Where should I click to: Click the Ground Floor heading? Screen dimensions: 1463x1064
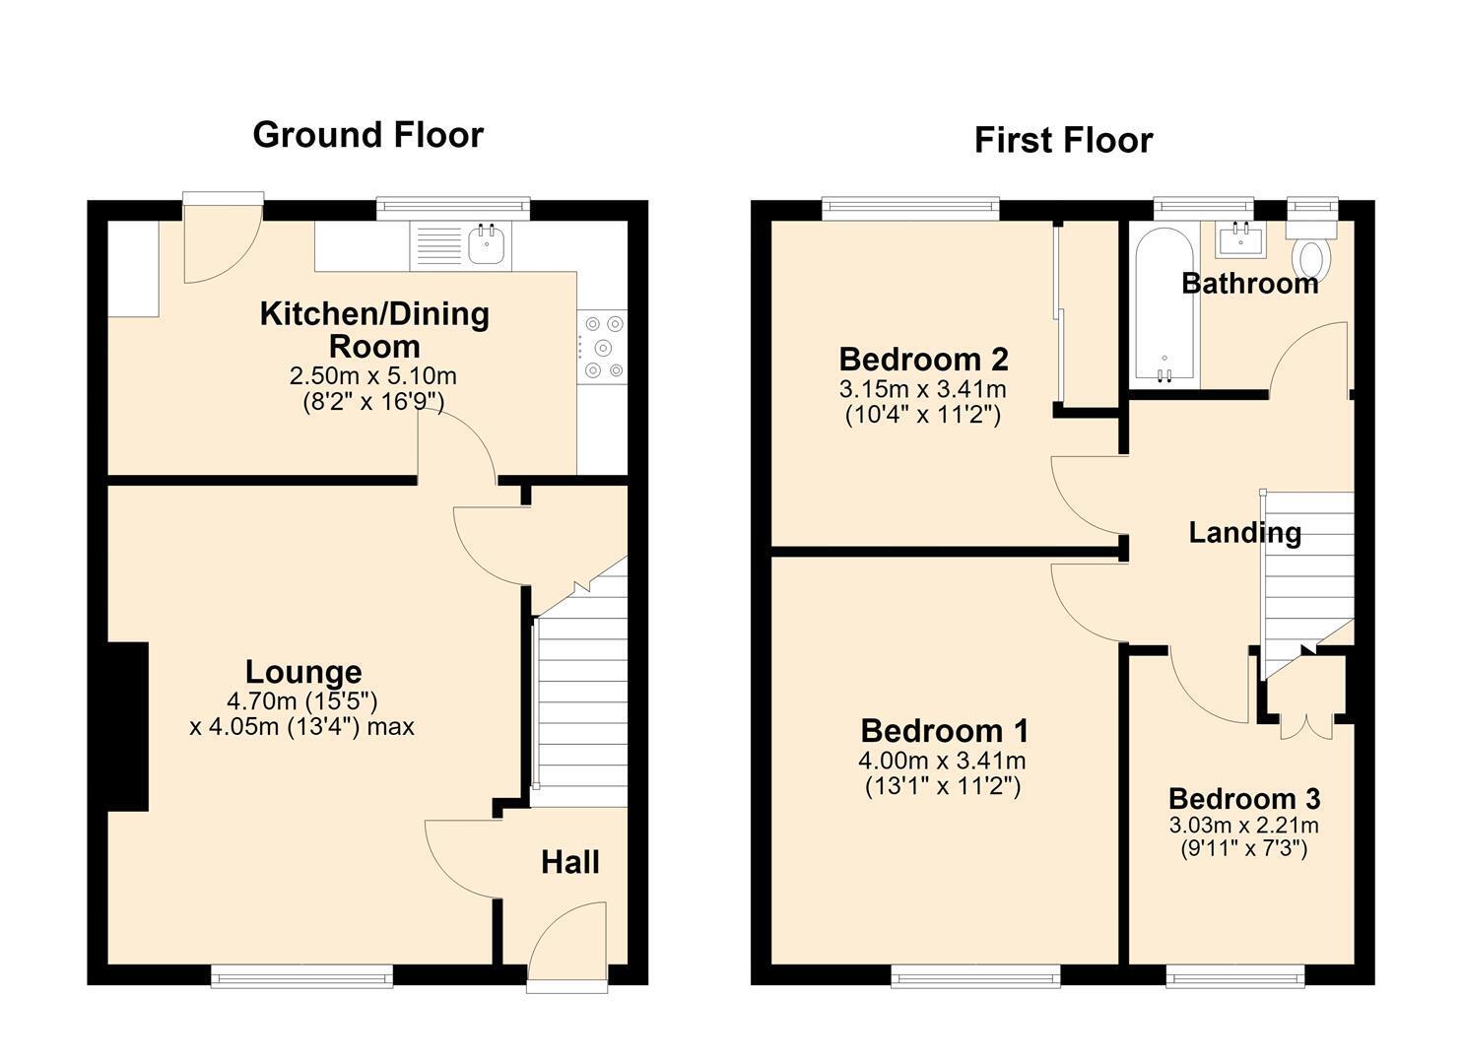coord(367,135)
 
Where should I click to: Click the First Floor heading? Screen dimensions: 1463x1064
coord(1063,141)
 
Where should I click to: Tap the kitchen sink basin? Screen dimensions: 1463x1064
coord(486,243)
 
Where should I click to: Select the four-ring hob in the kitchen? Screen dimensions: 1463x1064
coord(603,347)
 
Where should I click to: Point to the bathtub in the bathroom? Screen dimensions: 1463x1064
coord(1164,304)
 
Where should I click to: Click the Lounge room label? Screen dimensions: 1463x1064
coord(303,672)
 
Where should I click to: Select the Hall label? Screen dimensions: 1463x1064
coord(570,863)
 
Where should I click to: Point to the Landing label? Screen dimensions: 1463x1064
coord(1245,533)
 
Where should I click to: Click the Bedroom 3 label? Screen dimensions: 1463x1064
coord(1244,798)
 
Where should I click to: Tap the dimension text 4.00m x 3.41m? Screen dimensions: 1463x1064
coord(942,761)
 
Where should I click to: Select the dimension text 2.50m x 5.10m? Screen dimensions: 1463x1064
coord(373,376)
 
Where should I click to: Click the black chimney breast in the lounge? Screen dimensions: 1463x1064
coord(128,726)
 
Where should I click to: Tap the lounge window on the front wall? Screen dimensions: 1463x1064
coord(301,977)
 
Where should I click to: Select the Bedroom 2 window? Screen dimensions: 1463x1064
coord(910,208)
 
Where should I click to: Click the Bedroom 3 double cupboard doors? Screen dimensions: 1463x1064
coord(1305,726)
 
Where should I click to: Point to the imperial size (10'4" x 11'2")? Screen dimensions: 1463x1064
coord(923,415)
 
